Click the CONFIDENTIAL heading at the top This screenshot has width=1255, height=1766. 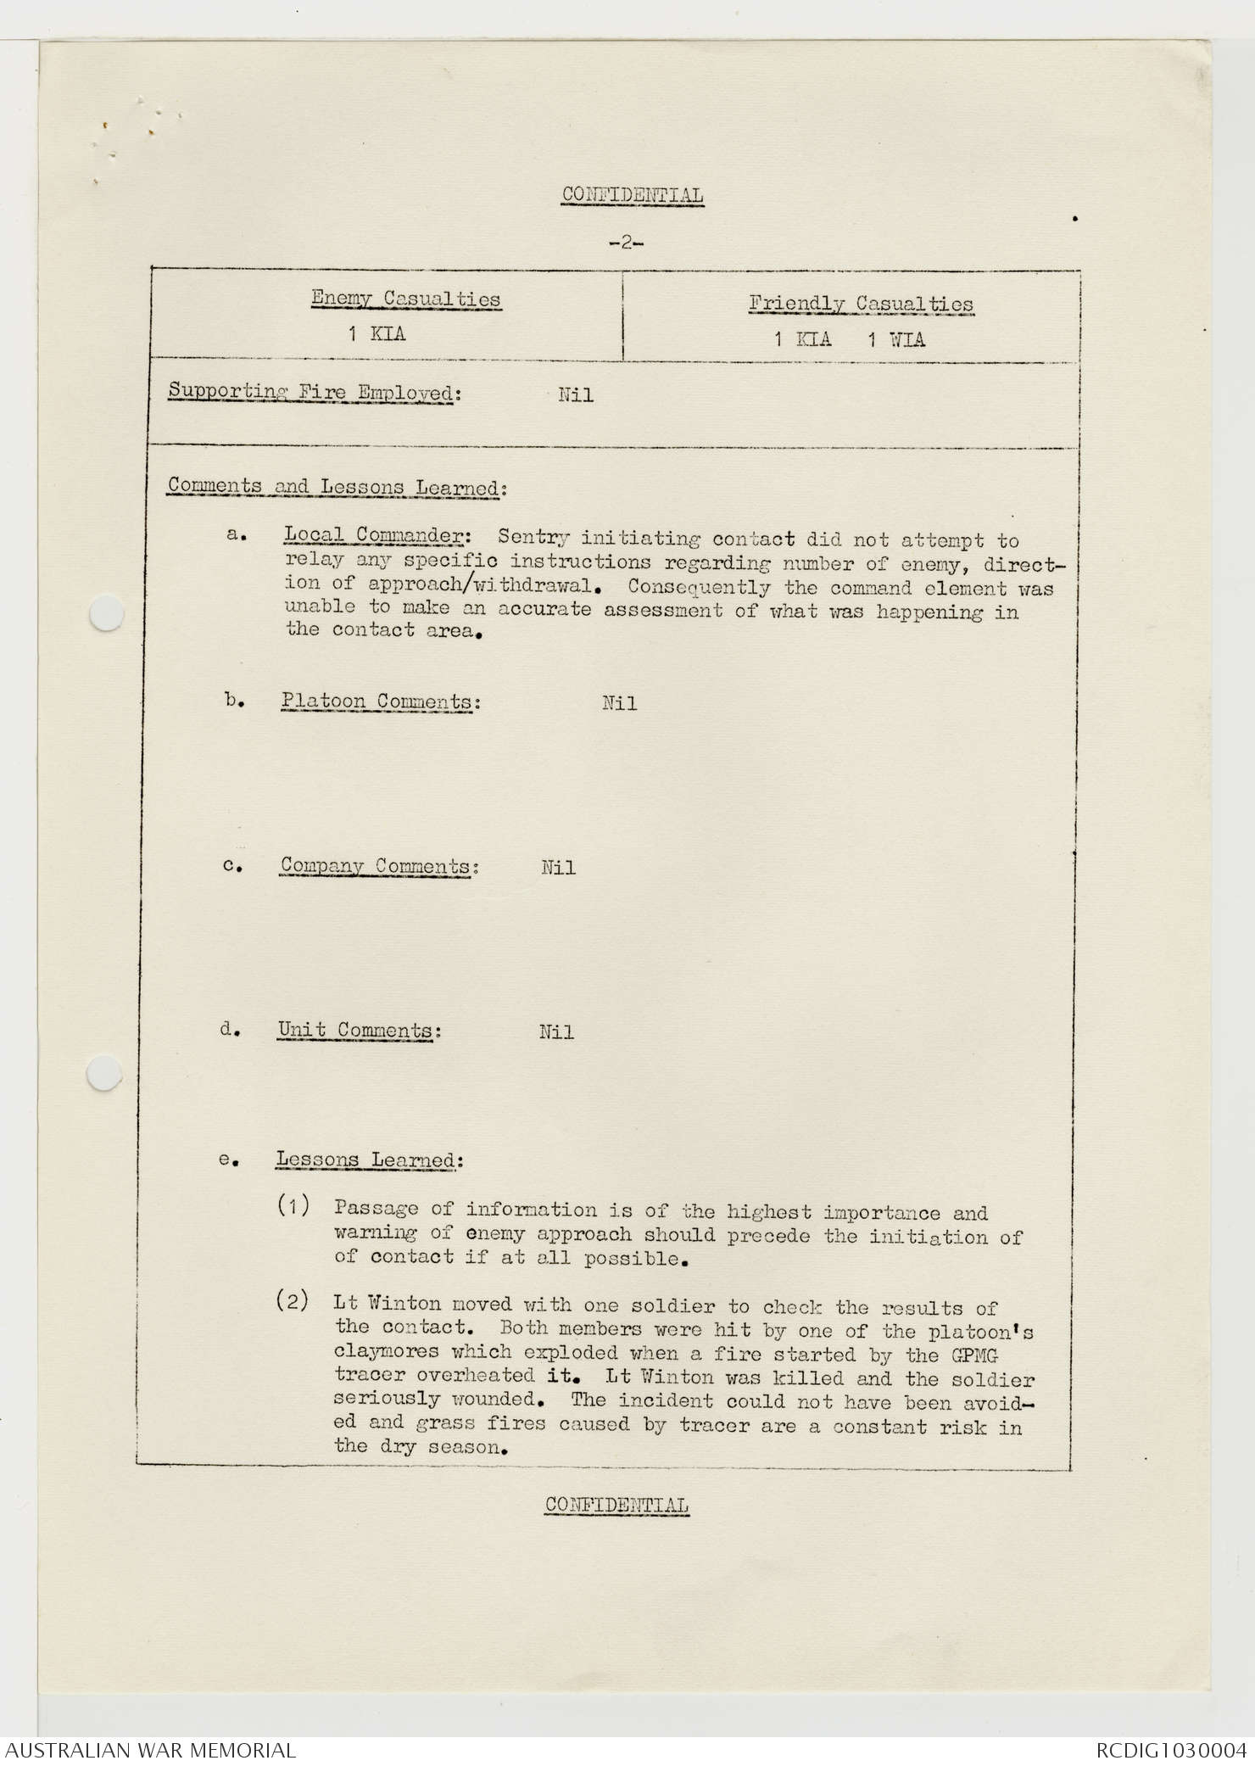632,196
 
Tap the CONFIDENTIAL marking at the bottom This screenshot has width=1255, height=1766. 616,1506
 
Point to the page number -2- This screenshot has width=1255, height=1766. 626,243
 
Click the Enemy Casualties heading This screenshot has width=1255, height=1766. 405,299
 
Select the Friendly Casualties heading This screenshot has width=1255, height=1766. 861,304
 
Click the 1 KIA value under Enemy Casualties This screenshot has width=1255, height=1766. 376,334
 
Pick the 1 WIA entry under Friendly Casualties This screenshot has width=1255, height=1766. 895,340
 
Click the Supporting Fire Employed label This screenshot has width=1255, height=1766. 310,392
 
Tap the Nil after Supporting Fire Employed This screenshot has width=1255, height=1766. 576,395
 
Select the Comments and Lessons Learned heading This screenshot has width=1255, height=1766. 336,487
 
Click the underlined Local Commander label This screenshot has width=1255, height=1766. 373,535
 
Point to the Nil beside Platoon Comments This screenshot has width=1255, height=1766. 619,703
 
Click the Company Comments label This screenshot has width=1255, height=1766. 375,866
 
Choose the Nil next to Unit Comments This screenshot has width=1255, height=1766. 556,1032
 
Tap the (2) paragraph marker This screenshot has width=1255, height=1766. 293,1302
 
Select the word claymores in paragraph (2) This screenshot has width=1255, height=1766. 386,1351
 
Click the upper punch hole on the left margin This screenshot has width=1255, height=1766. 107,613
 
